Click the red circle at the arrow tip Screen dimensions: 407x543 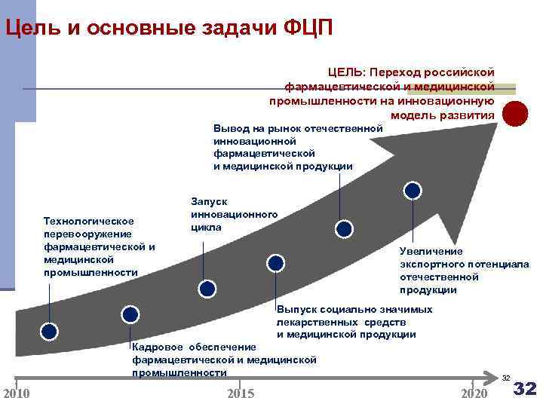pyautogui.click(x=515, y=114)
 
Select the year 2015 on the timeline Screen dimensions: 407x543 pyautogui.click(x=241, y=393)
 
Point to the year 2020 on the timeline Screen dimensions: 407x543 pyautogui.click(x=474, y=393)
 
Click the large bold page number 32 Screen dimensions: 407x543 pyautogui.click(x=524, y=389)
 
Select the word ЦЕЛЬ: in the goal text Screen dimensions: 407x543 pyautogui.click(x=345, y=72)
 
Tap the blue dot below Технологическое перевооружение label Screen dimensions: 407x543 pyautogui.click(x=49, y=331)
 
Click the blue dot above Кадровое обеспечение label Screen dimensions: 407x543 pyautogui.click(x=130, y=314)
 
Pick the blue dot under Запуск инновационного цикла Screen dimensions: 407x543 pyautogui.click(x=206, y=287)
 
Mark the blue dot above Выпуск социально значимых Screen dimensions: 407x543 pyautogui.click(x=276, y=262)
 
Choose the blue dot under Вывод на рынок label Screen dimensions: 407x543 pyautogui.click(x=343, y=228)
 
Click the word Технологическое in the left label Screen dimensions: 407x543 pyautogui.click(x=89, y=221)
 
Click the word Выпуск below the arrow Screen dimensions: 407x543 pyautogui.click(x=296, y=310)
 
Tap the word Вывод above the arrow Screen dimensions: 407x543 pyautogui.click(x=230, y=128)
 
